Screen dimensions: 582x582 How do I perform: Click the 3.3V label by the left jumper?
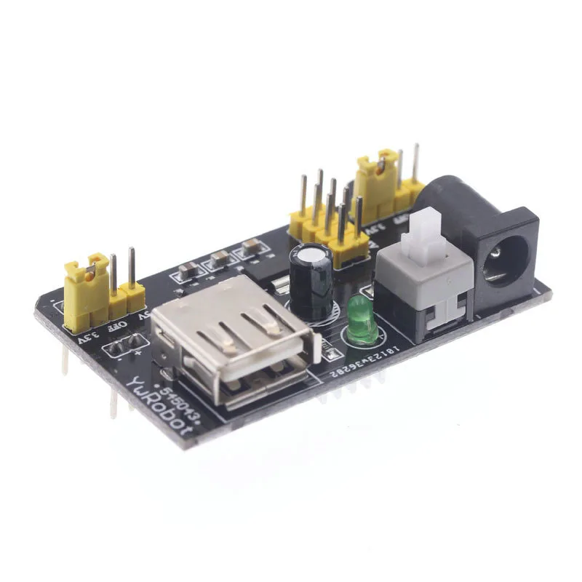pyautogui.click(x=86, y=336)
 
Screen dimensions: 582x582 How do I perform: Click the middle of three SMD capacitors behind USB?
pyautogui.click(x=220, y=259)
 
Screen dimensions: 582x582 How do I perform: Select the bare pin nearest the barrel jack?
pyautogui.click(x=415, y=164)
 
